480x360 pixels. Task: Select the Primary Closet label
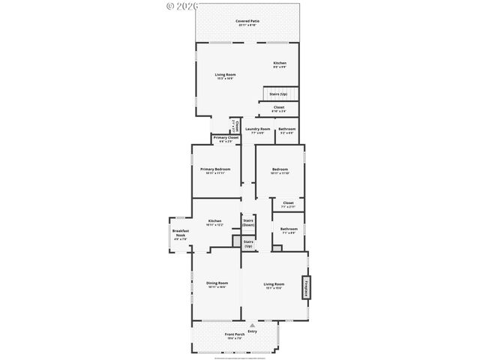226,138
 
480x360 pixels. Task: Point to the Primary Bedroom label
215,170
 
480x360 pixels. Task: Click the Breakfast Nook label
180,233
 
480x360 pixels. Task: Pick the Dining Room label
216,283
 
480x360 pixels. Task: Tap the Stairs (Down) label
248,223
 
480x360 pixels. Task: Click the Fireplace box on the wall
306,288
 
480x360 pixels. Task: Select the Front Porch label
235,334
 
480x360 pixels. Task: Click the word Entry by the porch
252,331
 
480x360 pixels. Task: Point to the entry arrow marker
252,325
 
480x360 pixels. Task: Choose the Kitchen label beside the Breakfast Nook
215,222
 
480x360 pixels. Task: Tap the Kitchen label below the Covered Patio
279,64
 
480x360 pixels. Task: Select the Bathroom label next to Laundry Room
286,130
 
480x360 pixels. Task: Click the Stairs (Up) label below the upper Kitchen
278,94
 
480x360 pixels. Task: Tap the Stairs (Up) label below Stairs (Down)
248,243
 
